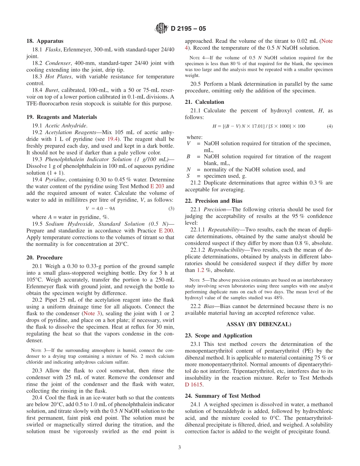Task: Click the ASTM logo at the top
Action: coord(161,28)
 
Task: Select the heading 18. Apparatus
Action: coord(45,41)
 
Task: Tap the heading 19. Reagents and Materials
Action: coord(61,117)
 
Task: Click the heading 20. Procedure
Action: coord(44,258)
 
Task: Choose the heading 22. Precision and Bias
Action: coord(213,201)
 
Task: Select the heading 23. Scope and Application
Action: coord(218,336)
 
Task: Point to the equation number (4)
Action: coord(330,126)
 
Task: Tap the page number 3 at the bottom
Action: coord(180,447)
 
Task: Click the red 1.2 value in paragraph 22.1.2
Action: coord(201,270)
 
